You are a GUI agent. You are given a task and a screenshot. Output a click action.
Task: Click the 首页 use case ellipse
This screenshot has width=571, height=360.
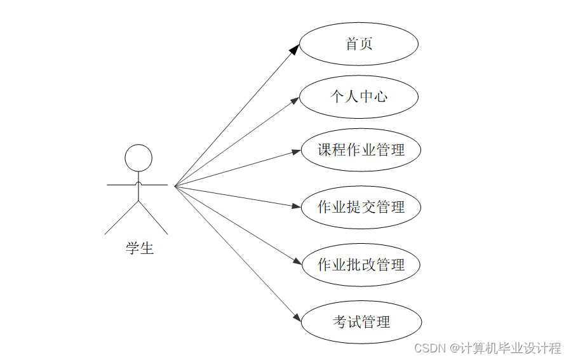coord(359,44)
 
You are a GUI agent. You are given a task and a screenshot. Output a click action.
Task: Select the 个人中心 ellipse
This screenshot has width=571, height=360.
coord(359,97)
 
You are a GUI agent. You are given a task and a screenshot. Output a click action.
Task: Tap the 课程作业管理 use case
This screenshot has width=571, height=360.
coord(361,150)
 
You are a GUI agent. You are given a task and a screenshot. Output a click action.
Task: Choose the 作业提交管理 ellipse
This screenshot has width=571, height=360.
coord(361,207)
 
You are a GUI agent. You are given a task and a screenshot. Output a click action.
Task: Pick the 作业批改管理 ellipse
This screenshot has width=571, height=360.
coord(361,264)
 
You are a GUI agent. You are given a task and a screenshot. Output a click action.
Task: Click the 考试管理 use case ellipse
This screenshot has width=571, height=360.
coord(361,322)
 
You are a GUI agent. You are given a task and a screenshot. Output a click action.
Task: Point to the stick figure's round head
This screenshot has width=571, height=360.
coord(138,158)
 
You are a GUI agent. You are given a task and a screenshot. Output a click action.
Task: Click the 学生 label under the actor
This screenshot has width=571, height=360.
coord(139,248)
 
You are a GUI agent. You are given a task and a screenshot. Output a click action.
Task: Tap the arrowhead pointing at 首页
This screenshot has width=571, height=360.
coord(294,50)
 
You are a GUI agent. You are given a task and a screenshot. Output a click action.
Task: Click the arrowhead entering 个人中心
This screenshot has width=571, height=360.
coord(295,100)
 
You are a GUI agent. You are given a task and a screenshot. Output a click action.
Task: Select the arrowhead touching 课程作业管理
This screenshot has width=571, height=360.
coord(296,151)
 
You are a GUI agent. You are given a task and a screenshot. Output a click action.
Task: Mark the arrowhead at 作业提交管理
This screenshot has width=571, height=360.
coord(296,206)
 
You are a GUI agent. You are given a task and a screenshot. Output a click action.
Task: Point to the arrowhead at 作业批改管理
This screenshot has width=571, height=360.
coord(296,262)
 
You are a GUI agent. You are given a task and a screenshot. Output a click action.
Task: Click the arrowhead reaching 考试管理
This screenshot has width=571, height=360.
coord(296,317)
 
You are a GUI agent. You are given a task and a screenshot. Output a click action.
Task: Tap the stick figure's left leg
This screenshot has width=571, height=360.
coord(122,218)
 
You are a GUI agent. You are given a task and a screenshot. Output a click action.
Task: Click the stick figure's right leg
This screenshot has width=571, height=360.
coord(154,218)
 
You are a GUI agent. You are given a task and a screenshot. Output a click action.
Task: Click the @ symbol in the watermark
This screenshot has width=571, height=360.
coord(455,348)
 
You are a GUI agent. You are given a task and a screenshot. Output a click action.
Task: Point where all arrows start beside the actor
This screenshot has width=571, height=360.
coord(175,186)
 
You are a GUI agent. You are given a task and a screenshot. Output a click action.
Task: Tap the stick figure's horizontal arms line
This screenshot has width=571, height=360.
coord(121,185)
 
